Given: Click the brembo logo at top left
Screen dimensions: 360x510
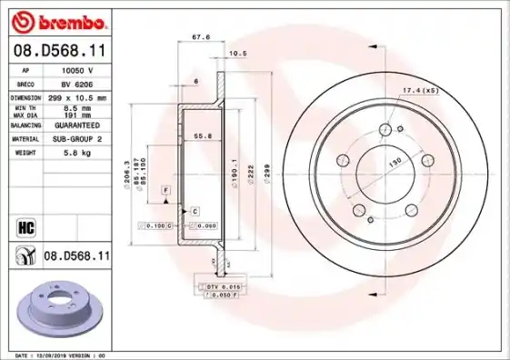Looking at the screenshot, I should point(56,21).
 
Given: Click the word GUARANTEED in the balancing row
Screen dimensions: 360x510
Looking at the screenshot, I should point(77,125).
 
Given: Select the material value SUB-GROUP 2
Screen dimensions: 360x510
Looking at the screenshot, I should point(76,139).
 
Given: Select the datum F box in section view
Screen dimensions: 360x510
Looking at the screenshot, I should point(165,189).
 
